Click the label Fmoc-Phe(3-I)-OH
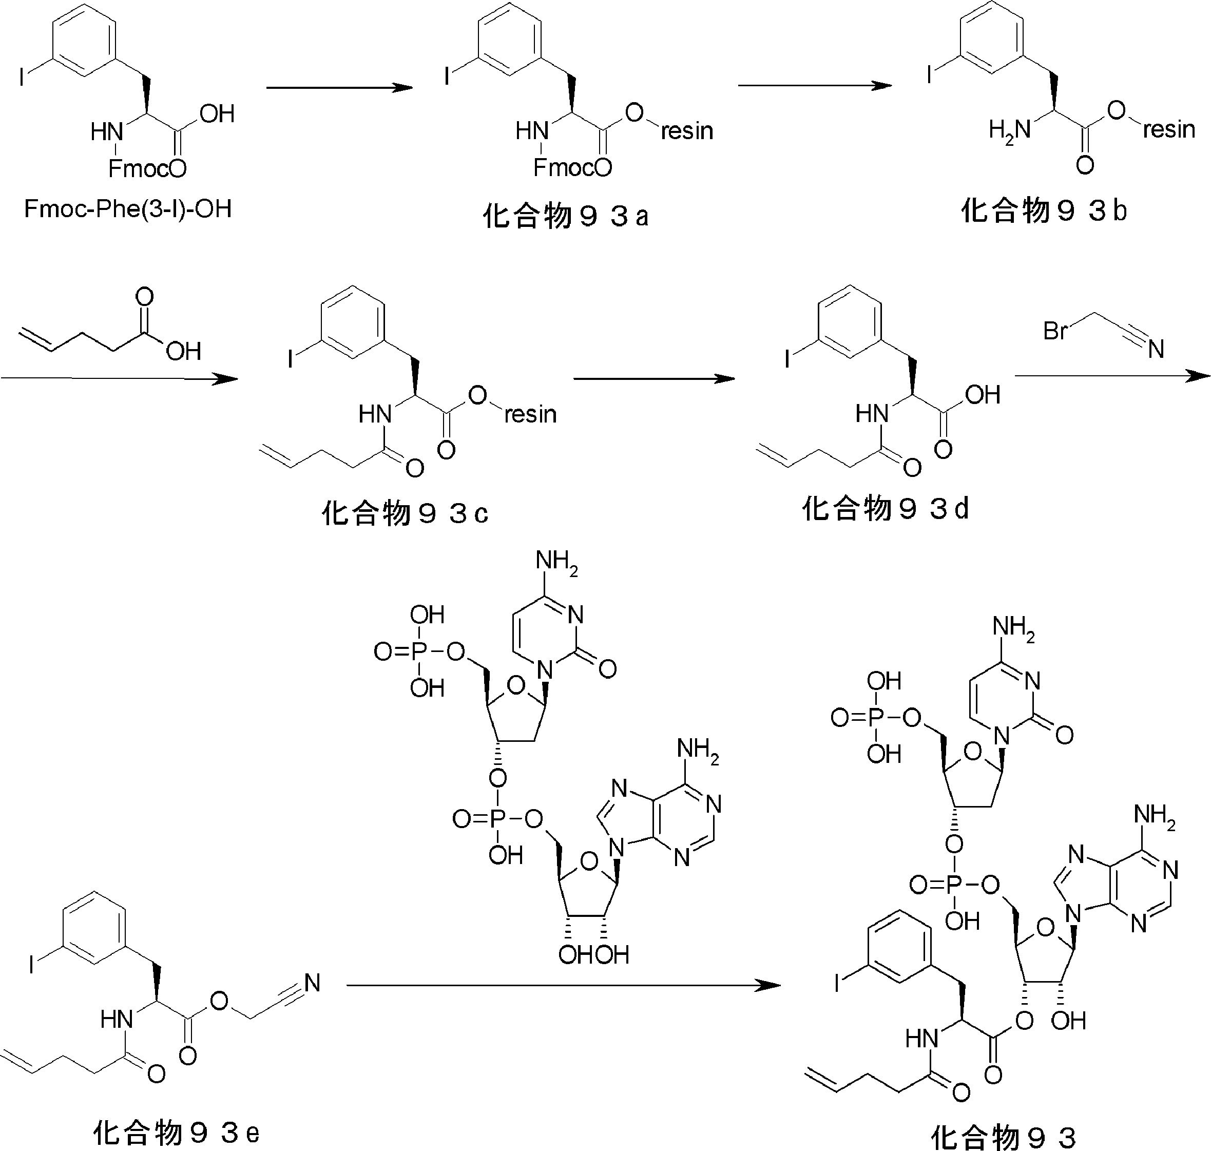click(128, 209)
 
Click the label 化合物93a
click(565, 217)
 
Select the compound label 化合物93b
click(1044, 211)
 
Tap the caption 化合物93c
click(405, 513)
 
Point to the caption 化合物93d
click(885, 509)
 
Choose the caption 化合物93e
click(177, 1133)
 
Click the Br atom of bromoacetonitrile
click(1055, 331)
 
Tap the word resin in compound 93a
click(687, 131)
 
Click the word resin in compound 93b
click(1169, 129)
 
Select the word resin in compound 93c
click(531, 414)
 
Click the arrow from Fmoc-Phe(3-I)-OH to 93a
click(339, 88)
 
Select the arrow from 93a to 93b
click(815, 85)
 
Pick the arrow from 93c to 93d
click(654, 378)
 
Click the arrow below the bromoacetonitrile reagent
click(1113, 375)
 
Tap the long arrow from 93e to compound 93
click(564, 985)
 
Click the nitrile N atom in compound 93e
click(312, 983)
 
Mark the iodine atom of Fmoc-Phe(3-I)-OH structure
click(22, 78)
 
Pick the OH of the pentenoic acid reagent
click(183, 352)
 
